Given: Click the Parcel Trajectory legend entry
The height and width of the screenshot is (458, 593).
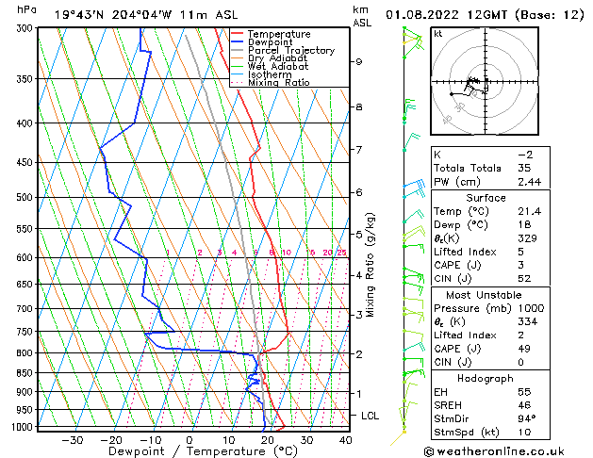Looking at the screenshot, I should [x=290, y=51].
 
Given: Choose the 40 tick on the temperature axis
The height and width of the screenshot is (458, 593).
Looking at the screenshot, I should [x=344, y=440].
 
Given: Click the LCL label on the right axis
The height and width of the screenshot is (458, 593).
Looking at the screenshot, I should [x=371, y=415].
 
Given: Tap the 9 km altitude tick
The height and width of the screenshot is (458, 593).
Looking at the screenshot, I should [x=359, y=61].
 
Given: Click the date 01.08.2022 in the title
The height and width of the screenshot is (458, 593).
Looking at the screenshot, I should [x=434, y=14].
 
